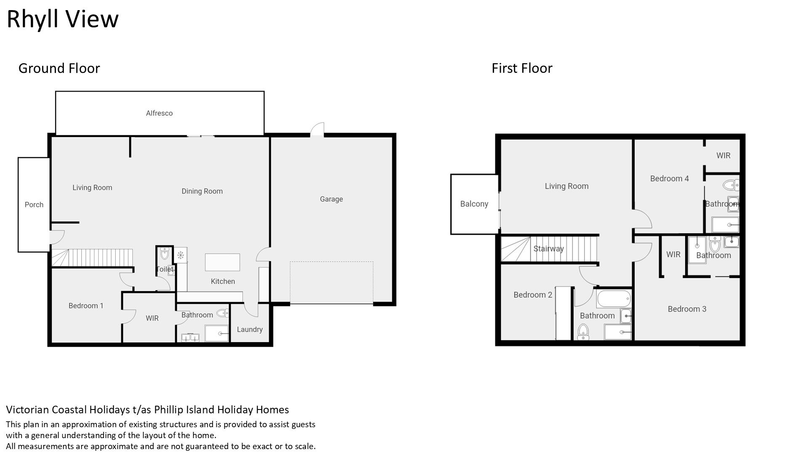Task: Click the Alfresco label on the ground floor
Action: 159,113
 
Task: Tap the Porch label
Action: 34,205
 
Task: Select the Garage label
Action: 331,199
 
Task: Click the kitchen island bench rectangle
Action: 222,262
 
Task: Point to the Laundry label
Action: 250,329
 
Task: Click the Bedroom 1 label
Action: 86,306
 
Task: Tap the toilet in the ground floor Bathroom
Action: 222,313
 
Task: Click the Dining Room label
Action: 202,191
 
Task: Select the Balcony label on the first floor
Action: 474,204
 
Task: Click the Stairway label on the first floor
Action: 548,249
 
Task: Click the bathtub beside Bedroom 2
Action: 614,299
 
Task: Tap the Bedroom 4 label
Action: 670,179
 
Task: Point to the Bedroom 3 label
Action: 687,309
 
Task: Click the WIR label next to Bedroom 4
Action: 723,155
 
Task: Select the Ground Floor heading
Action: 59,68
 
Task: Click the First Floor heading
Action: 522,68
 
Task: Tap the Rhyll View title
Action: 63,19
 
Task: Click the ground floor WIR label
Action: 152,318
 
